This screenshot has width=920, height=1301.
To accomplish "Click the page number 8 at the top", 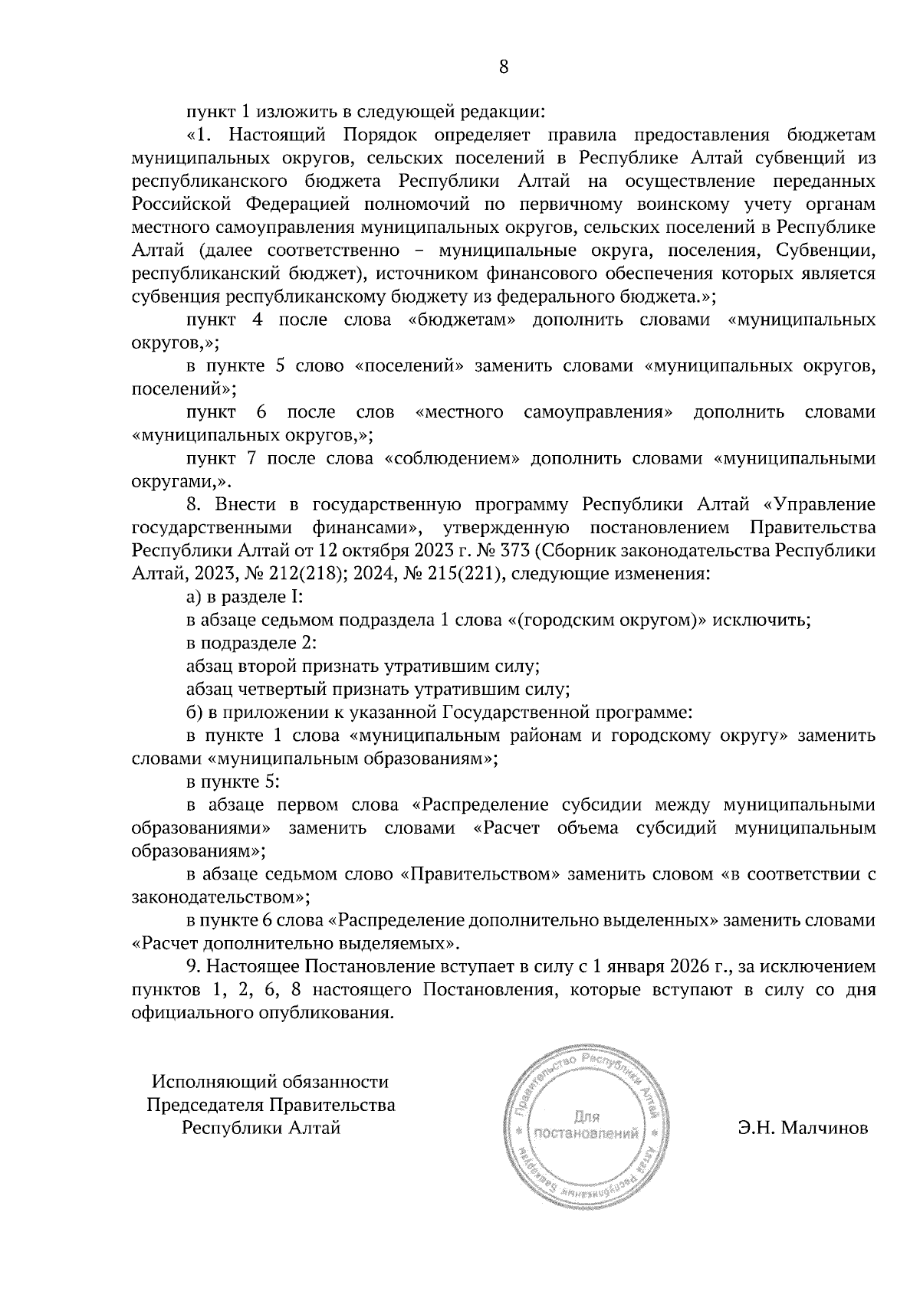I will tap(503, 67).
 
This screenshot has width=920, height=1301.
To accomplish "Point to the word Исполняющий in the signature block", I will tap(209, 1082).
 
